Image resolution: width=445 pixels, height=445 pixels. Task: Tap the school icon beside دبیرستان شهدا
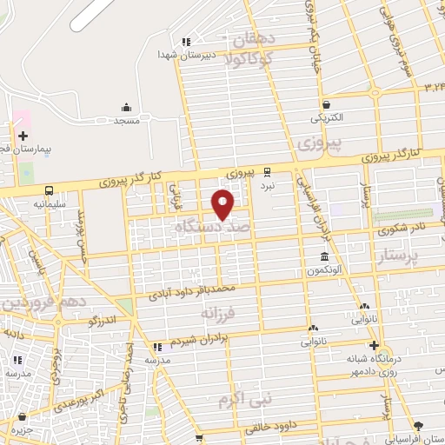(x=184, y=42)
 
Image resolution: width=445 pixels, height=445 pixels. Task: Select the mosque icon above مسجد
(x=127, y=108)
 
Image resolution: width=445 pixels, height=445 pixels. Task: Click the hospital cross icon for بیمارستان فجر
(x=23, y=136)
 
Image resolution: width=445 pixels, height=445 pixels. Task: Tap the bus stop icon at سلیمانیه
(x=48, y=190)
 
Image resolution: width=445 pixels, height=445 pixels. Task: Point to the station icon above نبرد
(x=267, y=172)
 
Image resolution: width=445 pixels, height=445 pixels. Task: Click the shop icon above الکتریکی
(x=325, y=103)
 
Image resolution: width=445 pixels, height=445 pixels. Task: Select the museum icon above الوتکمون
(x=324, y=256)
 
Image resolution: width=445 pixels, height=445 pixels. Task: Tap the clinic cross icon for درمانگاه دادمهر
(x=373, y=345)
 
